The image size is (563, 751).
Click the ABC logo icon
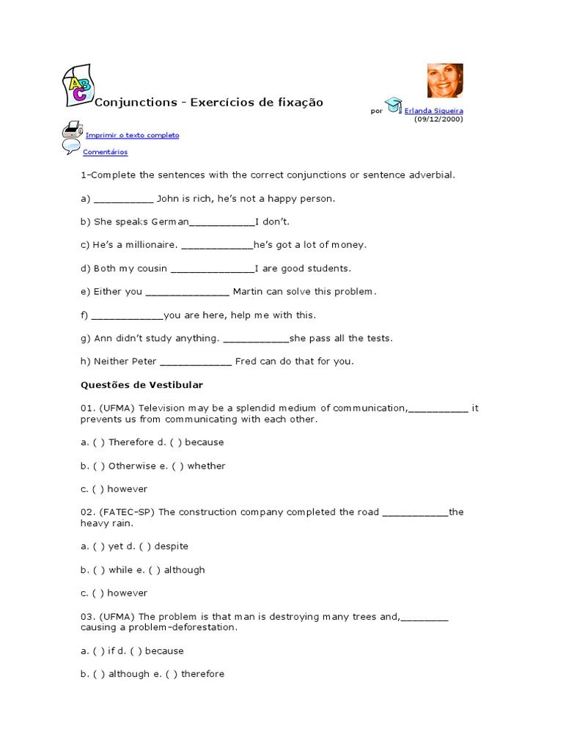tap(77, 84)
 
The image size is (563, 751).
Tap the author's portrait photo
tap(445, 81)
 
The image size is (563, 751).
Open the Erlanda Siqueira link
tap(434, 111)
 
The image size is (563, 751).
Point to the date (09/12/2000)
tap(438, 119)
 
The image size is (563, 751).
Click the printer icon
tap(72, 130)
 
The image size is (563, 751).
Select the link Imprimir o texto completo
tap(132, 136)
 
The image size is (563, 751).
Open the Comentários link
tap(105, 153)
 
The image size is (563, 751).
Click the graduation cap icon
tap(394, 106)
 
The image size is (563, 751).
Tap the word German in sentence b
tap(170, 221)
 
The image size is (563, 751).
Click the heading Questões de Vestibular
tap(141, 385)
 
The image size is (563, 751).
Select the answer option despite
tap(172, 546)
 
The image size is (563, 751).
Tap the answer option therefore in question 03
tap(203, 674)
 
